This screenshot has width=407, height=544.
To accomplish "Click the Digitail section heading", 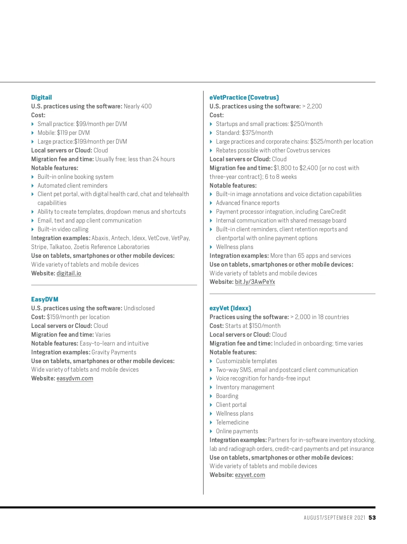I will click(x=41, y=98).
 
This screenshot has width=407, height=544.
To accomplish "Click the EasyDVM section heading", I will click(x=45, y=299).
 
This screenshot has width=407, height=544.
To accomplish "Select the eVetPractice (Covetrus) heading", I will click(x=244, y=98).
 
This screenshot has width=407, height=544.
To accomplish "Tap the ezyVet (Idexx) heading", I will click(x=230, y=308).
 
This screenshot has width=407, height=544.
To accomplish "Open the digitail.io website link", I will click(x=69, y=273).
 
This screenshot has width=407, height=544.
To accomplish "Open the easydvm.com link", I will click(x=75, y=378).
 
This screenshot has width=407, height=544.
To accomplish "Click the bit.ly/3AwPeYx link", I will click(x=255, y=282).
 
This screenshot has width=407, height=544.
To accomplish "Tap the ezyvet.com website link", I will click(x=250, y=475).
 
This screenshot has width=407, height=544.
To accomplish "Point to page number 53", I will click(x=372, y=518).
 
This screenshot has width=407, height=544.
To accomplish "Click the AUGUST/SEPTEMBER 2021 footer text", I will click(x=334, y=518).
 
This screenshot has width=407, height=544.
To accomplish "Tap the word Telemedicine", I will click(x=232, y=422).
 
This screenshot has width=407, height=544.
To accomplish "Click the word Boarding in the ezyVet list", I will click(x=227, y=396).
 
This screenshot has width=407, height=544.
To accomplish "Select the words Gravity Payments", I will click(x=114, y=352).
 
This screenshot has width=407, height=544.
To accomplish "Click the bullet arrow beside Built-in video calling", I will click(x=33, y=229).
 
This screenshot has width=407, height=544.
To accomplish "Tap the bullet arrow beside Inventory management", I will click(x=211, y=387).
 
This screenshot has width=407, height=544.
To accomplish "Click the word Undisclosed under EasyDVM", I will click(x=139, y=308).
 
